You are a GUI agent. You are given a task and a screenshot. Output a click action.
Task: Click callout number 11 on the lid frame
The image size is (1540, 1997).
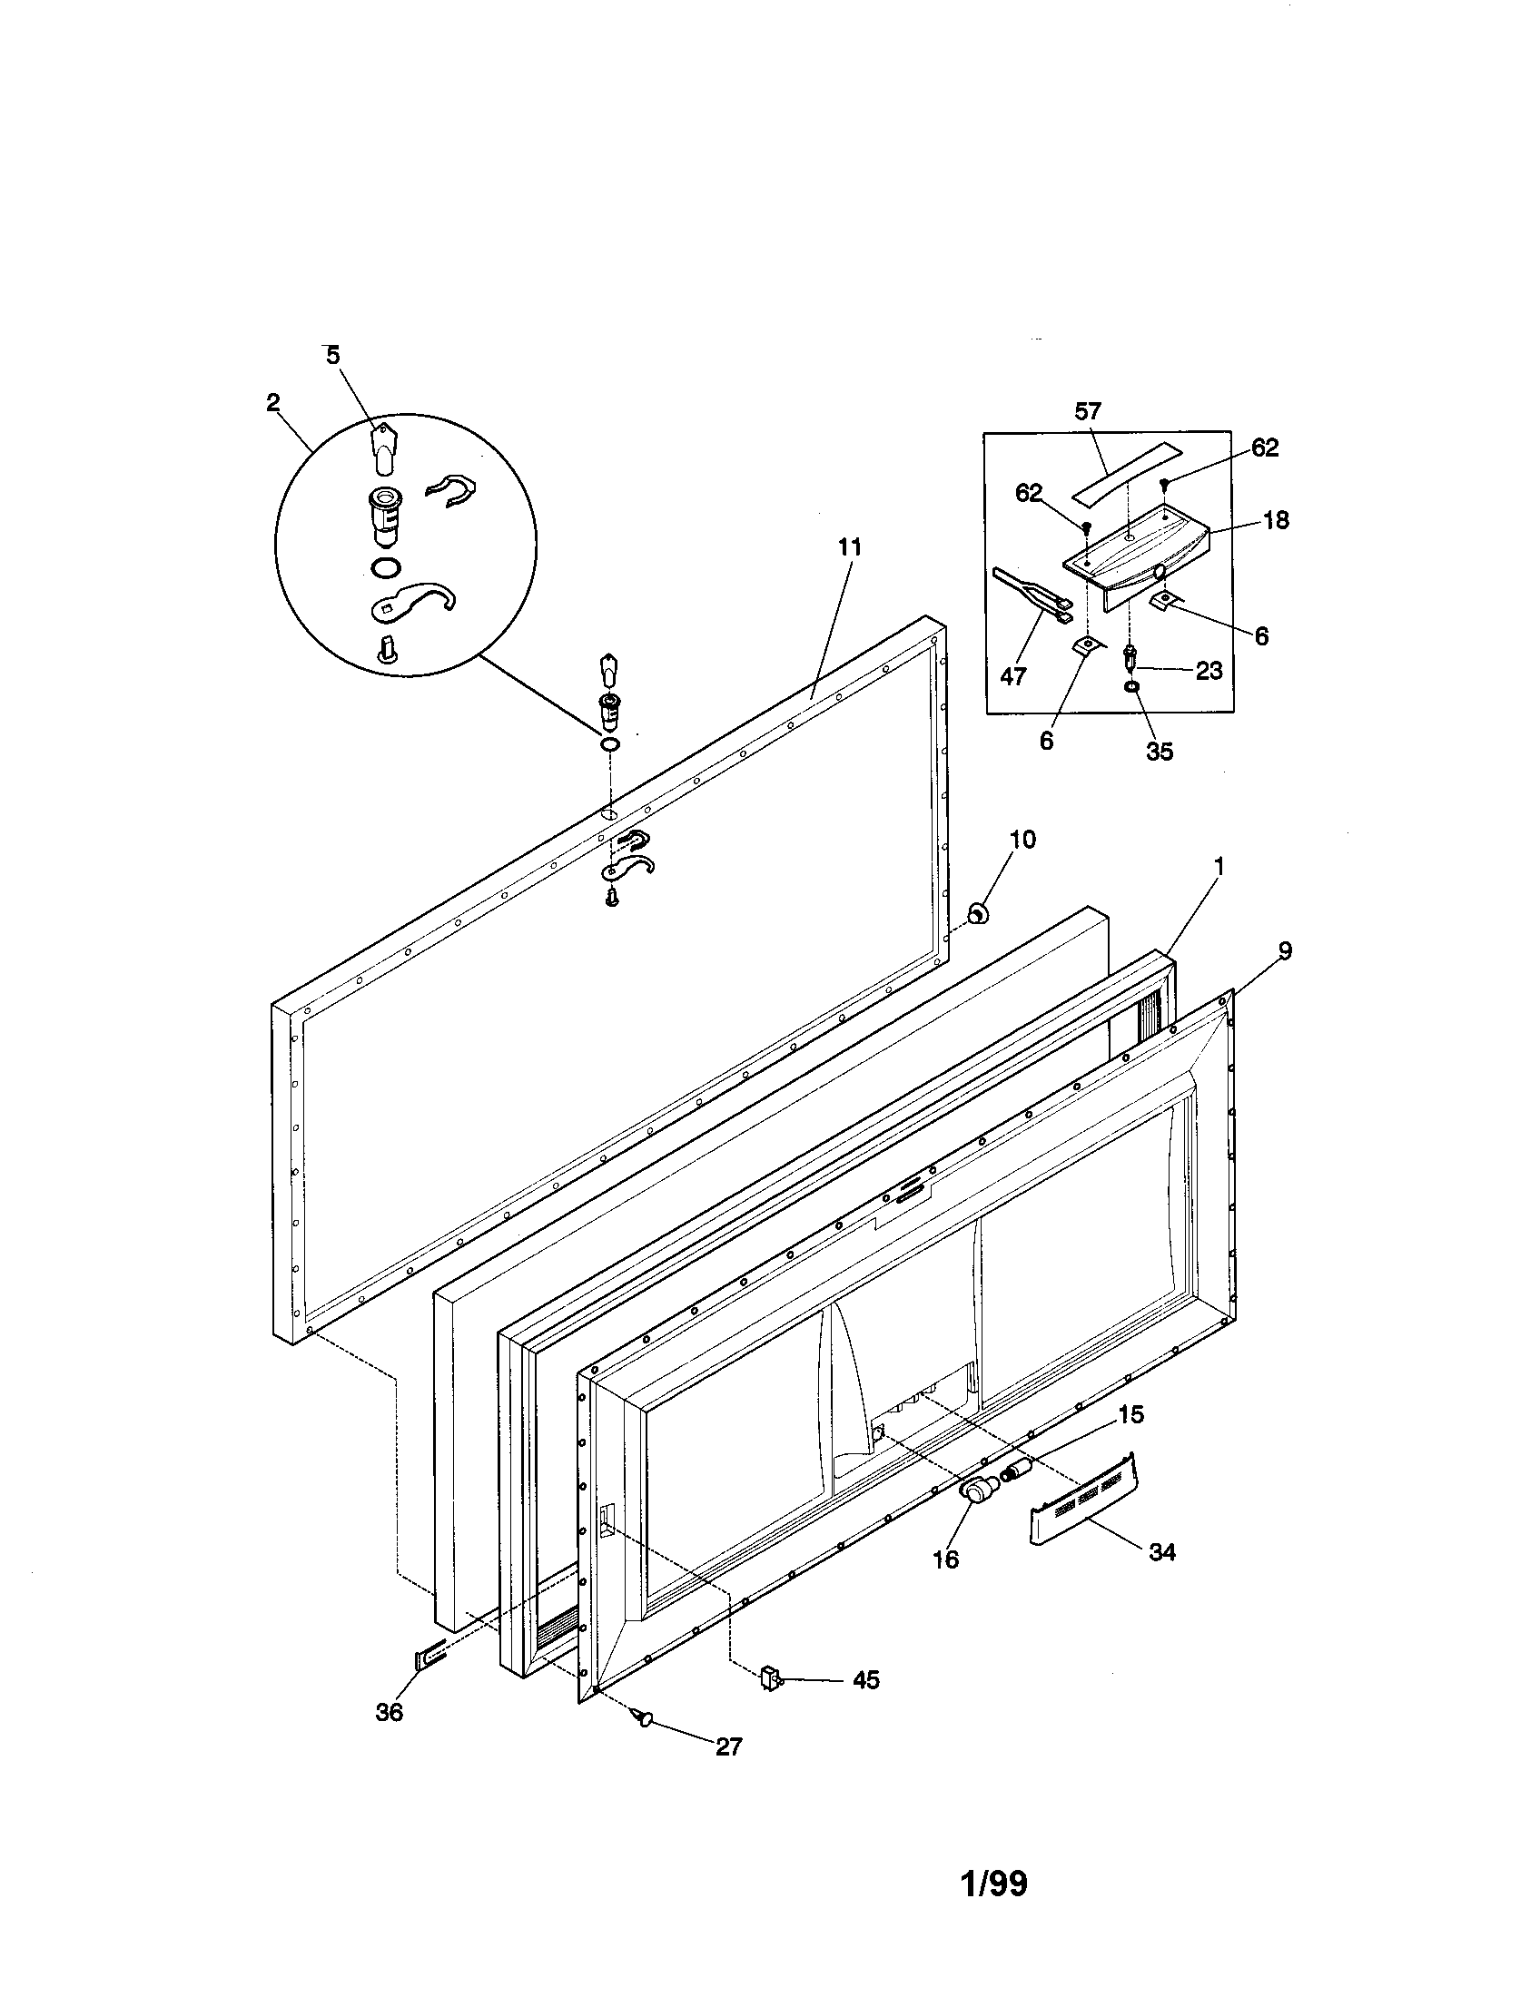(850, 547)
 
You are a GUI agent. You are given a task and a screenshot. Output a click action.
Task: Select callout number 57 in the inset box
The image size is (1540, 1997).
(1087, 411)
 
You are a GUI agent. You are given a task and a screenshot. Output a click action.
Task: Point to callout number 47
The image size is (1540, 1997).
(1013, 675)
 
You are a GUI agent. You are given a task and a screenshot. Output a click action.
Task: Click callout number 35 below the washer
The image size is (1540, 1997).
(1159, 751)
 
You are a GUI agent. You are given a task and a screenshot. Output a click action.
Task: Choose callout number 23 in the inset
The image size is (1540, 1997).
(1209, 670)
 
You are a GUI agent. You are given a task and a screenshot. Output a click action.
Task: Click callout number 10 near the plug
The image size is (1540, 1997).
(1022, 839)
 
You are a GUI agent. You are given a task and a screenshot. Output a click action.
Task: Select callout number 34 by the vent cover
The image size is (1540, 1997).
(1161, 1551)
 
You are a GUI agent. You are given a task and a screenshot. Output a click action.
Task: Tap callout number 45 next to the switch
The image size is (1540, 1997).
(865, 1679)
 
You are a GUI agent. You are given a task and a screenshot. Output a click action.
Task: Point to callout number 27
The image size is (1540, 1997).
(729, 1746)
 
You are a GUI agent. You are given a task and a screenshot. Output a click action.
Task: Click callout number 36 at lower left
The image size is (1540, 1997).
(390, 1713)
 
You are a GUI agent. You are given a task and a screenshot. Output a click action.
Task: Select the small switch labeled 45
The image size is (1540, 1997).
(770, 1677)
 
